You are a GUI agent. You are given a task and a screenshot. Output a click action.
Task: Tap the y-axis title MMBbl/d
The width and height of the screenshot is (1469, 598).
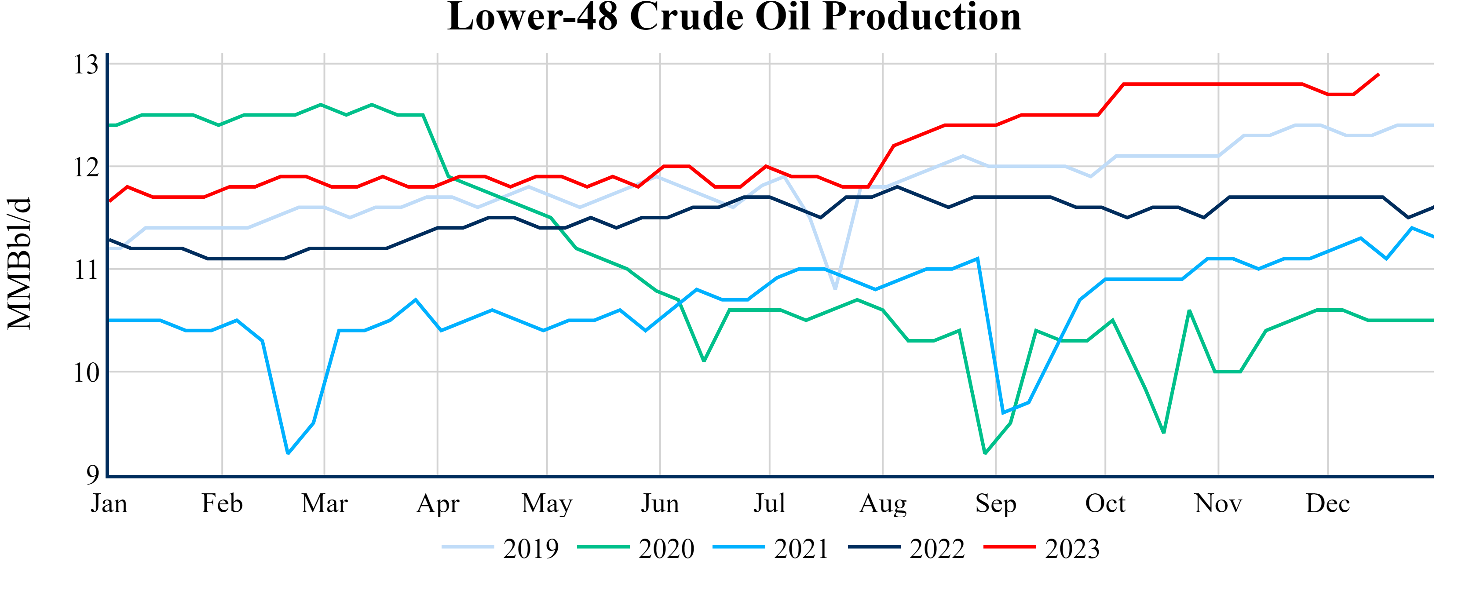pos(19,263)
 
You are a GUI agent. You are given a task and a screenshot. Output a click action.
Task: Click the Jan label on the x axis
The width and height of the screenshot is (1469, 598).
pos(109,504)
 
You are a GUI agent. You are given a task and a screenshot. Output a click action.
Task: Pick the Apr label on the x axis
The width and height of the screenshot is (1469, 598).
pos(437,504)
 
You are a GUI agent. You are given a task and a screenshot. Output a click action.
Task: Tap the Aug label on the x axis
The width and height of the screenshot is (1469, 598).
pos(883,504)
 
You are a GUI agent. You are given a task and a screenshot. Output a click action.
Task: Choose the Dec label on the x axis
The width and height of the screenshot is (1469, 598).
pos(1327,504)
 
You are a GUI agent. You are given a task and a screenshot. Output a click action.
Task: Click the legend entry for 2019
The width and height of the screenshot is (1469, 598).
pos(500,548)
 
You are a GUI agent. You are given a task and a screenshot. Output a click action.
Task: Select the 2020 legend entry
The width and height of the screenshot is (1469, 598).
pos(636,548)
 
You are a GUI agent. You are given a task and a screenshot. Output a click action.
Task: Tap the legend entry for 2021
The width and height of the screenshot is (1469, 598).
pos(771,548)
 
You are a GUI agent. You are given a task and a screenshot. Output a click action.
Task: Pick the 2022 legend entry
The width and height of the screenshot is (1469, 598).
pos(907,548)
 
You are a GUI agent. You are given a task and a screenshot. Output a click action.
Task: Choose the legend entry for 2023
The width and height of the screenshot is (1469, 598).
pos(1042,548)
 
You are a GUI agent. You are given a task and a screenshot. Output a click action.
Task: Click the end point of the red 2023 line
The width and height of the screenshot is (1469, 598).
pos(1379,74)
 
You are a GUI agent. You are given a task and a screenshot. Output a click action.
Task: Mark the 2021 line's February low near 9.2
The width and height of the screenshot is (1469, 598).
pos(288,454)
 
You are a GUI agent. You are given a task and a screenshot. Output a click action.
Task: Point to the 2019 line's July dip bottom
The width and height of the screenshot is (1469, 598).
pos(835,289)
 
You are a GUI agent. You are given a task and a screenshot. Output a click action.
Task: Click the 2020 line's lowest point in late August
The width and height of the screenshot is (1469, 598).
pos(985,454)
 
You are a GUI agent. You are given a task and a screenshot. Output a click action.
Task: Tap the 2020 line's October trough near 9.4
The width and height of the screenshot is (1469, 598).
pos(1163,433)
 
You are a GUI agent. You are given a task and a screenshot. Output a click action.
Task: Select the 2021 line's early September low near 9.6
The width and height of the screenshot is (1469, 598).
pos(1003,413)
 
